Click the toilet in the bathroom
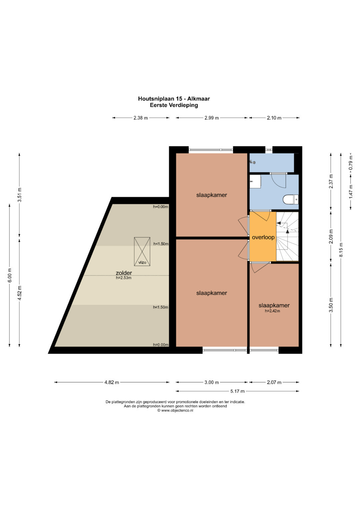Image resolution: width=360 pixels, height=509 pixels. click(291, 200)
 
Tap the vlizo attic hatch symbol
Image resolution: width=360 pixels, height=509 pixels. click(142, 251)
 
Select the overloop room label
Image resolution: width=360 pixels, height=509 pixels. click(263, 237)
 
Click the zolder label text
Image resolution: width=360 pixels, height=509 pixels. click(124, 273)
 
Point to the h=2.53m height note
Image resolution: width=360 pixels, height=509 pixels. click(124, 277)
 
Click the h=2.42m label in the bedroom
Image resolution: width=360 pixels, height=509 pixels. click(272, 311)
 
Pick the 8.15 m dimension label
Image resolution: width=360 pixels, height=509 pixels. click(341, 250)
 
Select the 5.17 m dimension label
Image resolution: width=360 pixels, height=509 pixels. click(237, 391)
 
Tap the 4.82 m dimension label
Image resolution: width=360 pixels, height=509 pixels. click(112, 382)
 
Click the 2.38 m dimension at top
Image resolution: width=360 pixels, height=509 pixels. click(141, 118)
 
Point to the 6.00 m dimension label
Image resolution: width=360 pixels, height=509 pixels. click(10, 275)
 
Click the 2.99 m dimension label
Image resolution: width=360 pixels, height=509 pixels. click(212, 118)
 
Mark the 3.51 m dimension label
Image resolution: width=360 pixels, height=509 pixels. click(20, 195)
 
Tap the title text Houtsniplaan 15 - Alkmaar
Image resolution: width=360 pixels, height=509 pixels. click(174, 99)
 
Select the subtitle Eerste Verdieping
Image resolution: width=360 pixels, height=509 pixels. click(174, 105)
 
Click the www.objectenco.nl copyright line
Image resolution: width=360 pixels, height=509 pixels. click(175, 410)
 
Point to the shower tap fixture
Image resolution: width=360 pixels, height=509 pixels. click(252, 162)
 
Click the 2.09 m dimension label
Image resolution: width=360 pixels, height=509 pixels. click(331, 236)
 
